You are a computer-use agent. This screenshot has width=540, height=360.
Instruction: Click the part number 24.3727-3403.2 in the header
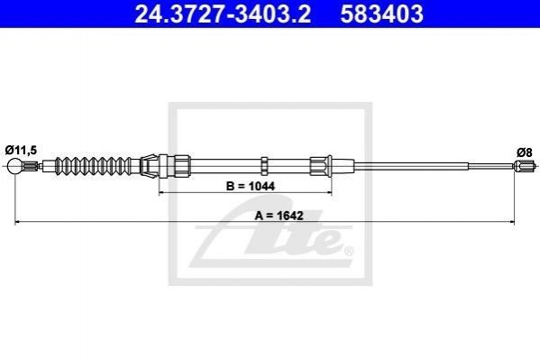(x=223, y=14)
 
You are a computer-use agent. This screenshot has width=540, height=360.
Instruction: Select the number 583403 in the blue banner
(x=381, y=14)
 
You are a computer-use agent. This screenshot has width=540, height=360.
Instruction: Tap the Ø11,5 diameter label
(x=21, y=151)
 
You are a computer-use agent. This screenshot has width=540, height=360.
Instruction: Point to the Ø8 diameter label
(x=524, y=152)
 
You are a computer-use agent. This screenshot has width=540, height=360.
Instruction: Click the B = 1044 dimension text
(x=251, y=186)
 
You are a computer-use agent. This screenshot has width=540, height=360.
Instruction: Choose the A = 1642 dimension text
(x=279, y=216)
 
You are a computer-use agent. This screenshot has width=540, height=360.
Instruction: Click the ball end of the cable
(x=14, y=166)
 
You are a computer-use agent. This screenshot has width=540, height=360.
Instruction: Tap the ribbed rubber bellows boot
(x=93, y=166)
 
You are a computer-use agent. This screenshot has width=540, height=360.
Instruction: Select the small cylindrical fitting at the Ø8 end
(x=526, y=166)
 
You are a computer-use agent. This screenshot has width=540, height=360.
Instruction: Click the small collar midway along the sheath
(x=264, y=165)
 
